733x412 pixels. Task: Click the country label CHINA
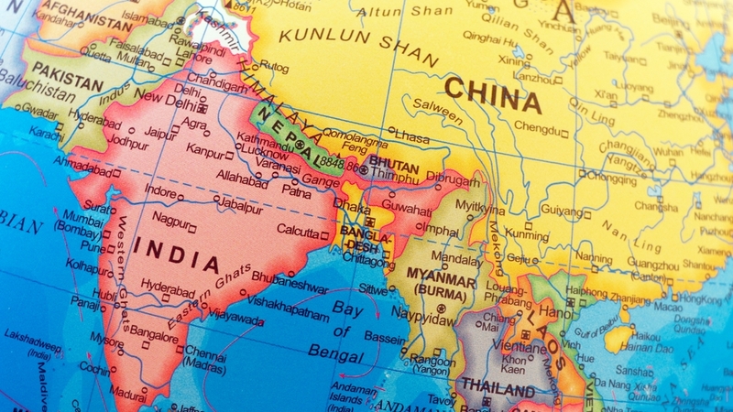493,95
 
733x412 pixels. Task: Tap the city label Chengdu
536,128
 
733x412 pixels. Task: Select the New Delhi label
165,96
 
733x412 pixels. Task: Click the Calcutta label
298,230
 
